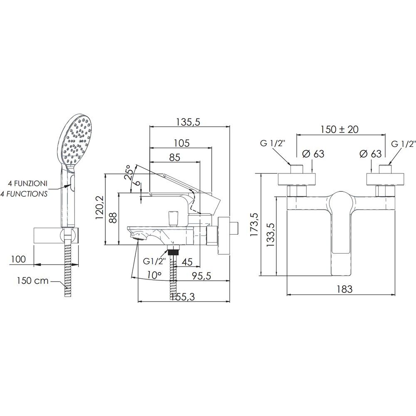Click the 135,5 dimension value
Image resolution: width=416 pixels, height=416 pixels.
click(188, 122)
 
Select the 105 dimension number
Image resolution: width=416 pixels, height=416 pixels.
click(182, 143)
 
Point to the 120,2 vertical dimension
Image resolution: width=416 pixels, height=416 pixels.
click(100, 208)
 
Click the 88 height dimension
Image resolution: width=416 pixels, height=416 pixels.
click(113, 218)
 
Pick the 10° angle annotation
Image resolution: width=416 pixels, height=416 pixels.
click(154, 275)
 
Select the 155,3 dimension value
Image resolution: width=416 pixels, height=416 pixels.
click(183, 297)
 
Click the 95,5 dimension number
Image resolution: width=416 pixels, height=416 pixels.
click(201, 276)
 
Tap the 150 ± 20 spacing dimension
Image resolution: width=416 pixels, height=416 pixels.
click(339, 129)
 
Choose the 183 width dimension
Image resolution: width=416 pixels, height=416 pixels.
click(344, 289)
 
